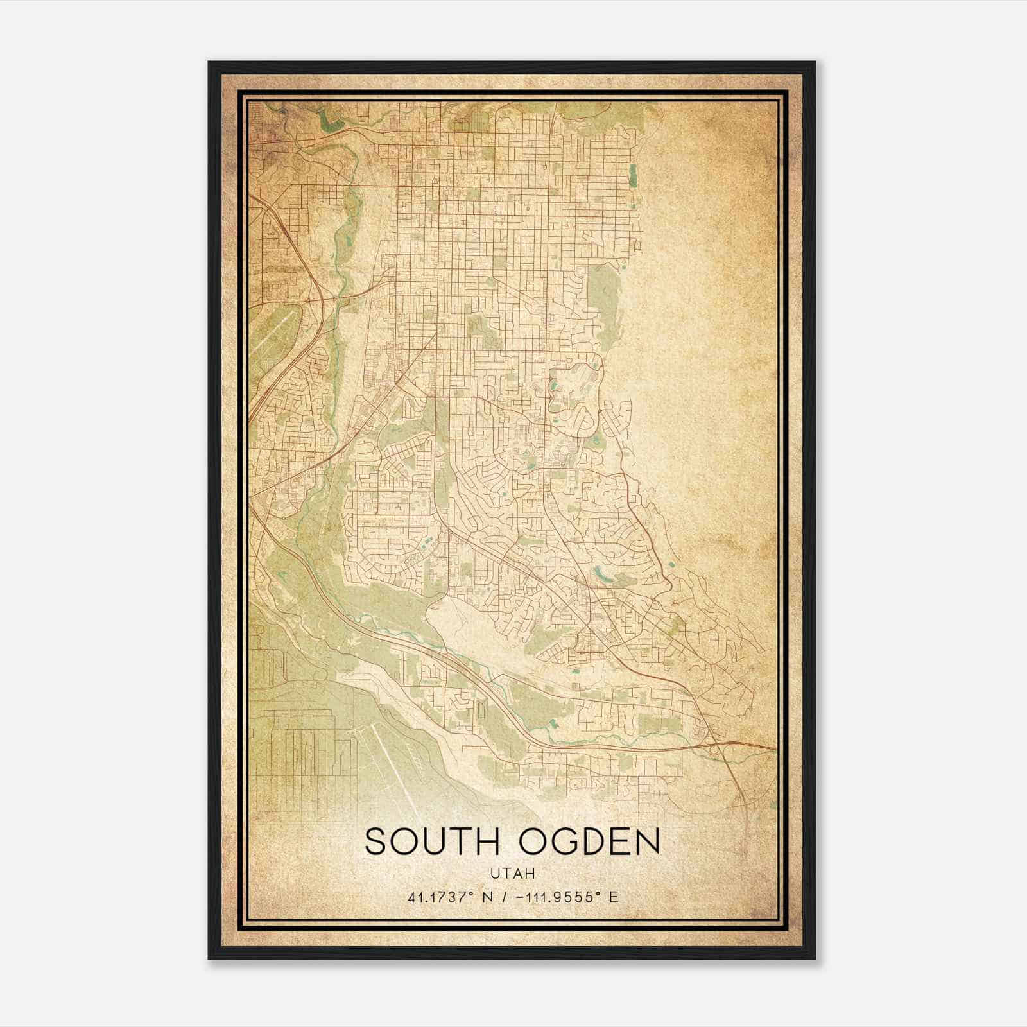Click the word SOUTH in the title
[x=435, y=841]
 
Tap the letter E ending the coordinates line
[x=614, y=897]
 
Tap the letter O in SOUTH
[x=404, y=841]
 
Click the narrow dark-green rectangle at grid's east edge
[x=634, y=157]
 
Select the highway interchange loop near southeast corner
[x=714, y=745]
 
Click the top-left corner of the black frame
[x=210, y=63]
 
